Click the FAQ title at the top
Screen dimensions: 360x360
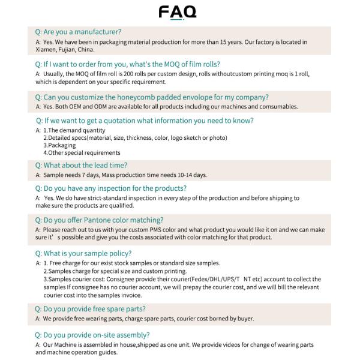tap(177, 12)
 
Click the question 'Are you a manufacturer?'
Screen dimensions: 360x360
tap(78, 31)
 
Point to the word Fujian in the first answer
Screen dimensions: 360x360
tap(71, 50)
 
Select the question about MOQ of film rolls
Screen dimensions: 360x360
tap(127, 64)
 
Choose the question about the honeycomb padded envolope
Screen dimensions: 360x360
tap(151, 97)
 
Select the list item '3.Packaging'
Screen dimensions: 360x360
tap(59, 145)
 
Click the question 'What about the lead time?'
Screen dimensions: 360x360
tap(81, 165)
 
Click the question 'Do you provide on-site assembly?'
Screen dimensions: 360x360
tap(92, 335)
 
